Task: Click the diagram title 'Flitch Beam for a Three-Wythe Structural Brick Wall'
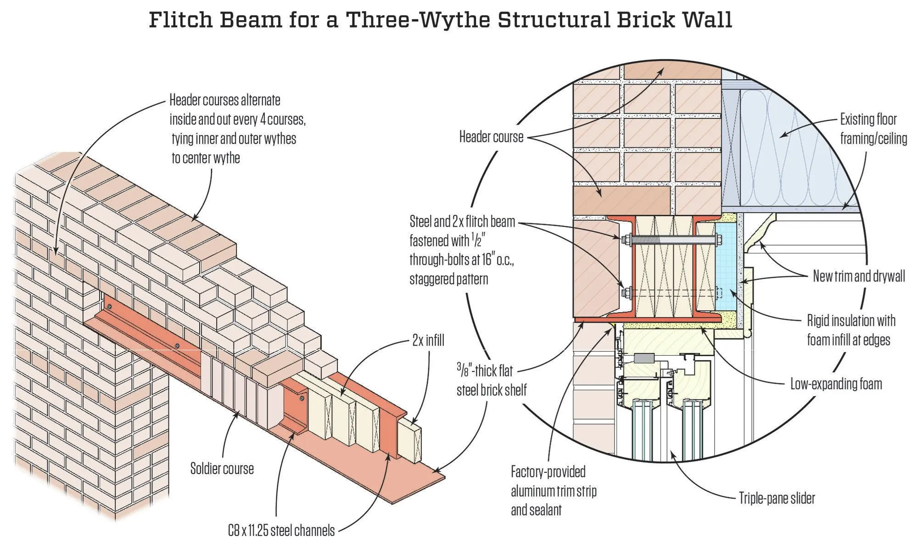coord(440,20)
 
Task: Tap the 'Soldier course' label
coord(222,469)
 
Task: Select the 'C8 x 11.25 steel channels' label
coord(281,531)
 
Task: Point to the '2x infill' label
coord(428,341)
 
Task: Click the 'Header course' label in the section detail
coord(491,137)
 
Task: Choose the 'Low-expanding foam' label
coord(836,384)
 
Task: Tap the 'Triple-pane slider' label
coord(777,498)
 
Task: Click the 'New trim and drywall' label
coord(859,276)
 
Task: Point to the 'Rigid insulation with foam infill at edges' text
coord(851,330)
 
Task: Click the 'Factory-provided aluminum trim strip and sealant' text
coord(554,491)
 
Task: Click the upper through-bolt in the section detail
coord(670,239)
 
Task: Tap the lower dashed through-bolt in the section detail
coord(670,292)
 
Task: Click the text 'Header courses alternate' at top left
coord(225,100)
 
